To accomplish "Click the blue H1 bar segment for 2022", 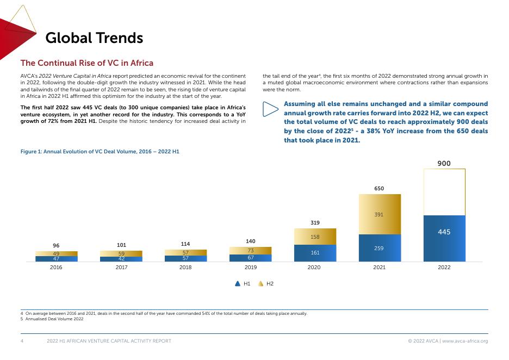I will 444,238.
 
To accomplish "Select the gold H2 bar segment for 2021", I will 379,214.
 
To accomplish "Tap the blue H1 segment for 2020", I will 315,253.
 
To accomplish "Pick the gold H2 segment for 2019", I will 250,250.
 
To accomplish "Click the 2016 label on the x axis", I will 56,268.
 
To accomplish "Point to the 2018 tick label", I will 185,268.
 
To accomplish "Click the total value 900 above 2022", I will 444,163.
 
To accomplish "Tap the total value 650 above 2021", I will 379,189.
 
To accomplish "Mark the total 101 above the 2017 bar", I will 121,245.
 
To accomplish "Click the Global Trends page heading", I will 94,38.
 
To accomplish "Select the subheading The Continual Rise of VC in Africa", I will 87,64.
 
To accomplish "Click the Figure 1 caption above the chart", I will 100,151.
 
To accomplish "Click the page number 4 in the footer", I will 22,341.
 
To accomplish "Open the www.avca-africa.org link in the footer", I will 465,341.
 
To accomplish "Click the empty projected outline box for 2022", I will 444,192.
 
